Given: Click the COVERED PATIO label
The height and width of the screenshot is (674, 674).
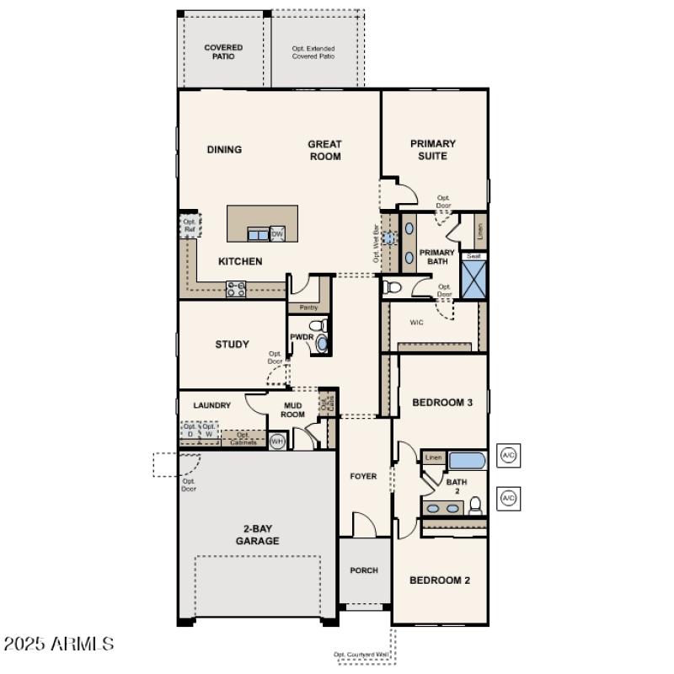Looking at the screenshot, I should pos(223,52).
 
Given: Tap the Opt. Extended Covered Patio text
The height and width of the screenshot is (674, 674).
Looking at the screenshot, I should pos(313,52).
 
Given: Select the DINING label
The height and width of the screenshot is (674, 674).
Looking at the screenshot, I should pos(224,150).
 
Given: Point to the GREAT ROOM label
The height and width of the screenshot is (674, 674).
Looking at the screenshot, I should pos(324,150).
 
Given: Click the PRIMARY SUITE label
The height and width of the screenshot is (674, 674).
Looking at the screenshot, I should pos(433,150).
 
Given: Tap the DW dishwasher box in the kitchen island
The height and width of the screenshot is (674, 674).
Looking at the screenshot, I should pos(277,233).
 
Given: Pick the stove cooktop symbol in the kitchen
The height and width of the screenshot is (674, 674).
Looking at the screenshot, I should pos(236,289).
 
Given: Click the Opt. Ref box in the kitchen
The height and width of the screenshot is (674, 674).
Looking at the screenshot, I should pos(189,226).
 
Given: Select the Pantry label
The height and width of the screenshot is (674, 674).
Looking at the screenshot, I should pos(308,308).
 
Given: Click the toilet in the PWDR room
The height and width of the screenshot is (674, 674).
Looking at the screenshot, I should pos(318,325).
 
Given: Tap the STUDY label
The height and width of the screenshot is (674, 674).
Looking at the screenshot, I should pos(232,344).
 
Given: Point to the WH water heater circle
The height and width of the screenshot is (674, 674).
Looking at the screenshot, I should pos(276,440).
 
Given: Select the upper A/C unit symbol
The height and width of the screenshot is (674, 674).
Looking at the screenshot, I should pos(508,456).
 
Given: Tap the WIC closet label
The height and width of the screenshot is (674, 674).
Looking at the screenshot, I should pos(417,322).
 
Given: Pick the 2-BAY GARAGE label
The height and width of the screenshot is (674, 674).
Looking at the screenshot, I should pos(257,535).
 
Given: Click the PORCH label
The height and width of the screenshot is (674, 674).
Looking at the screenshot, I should pos(364,570).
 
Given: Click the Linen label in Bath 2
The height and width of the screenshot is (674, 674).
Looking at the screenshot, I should pos(433,457).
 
